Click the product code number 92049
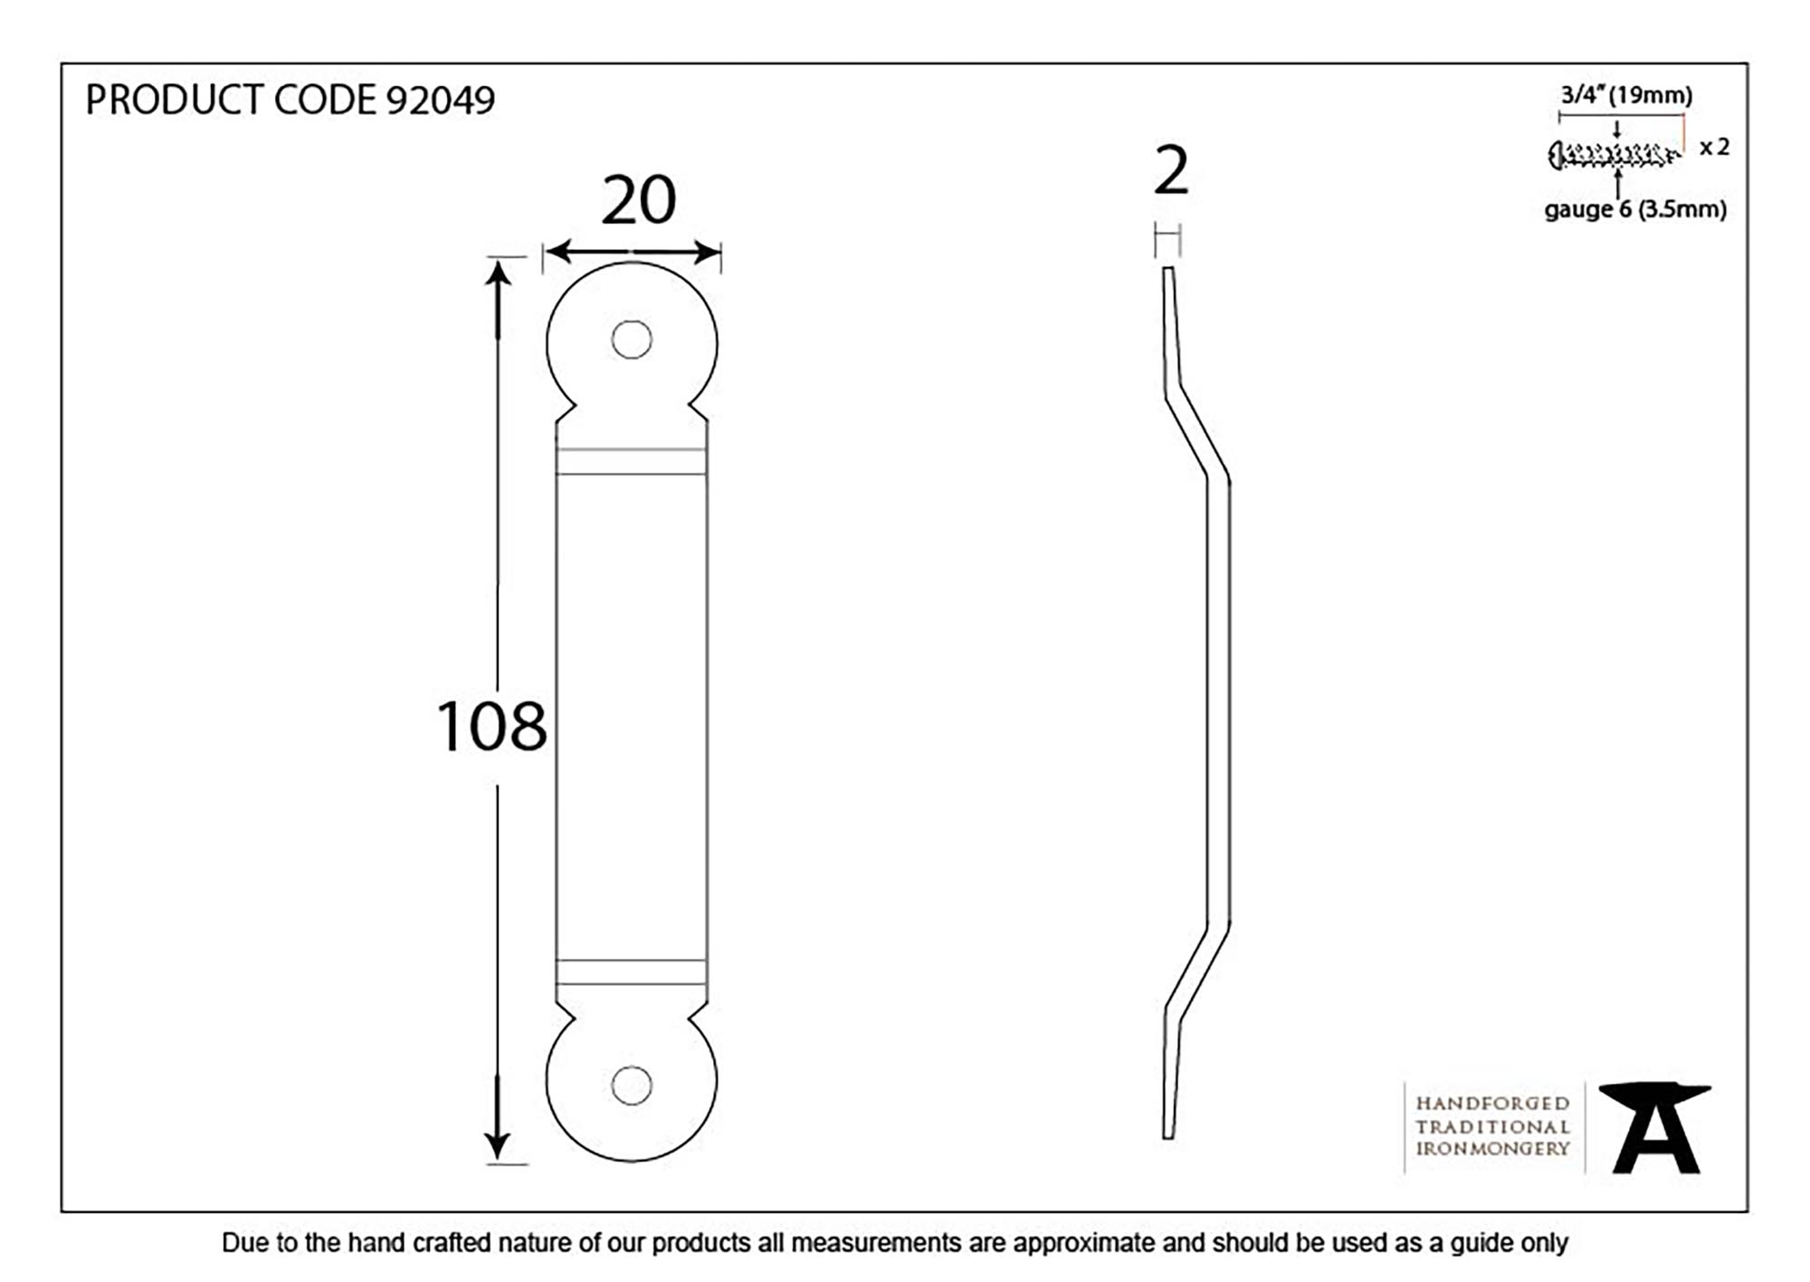[441, 100]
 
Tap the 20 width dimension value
[638, 201]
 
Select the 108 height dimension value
[491, 726]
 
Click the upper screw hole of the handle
[631, 340]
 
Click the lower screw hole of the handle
[631, 1086]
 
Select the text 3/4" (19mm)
[1625, 95]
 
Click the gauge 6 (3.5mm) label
[1634, 210]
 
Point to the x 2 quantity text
[1714, 147]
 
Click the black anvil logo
[1654, 1127]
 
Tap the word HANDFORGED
[1492, 1104]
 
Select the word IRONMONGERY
[1492, 1149]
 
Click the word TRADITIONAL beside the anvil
[1492, 1127]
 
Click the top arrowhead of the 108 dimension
[498, 272]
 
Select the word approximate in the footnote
[1085, 1243]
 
